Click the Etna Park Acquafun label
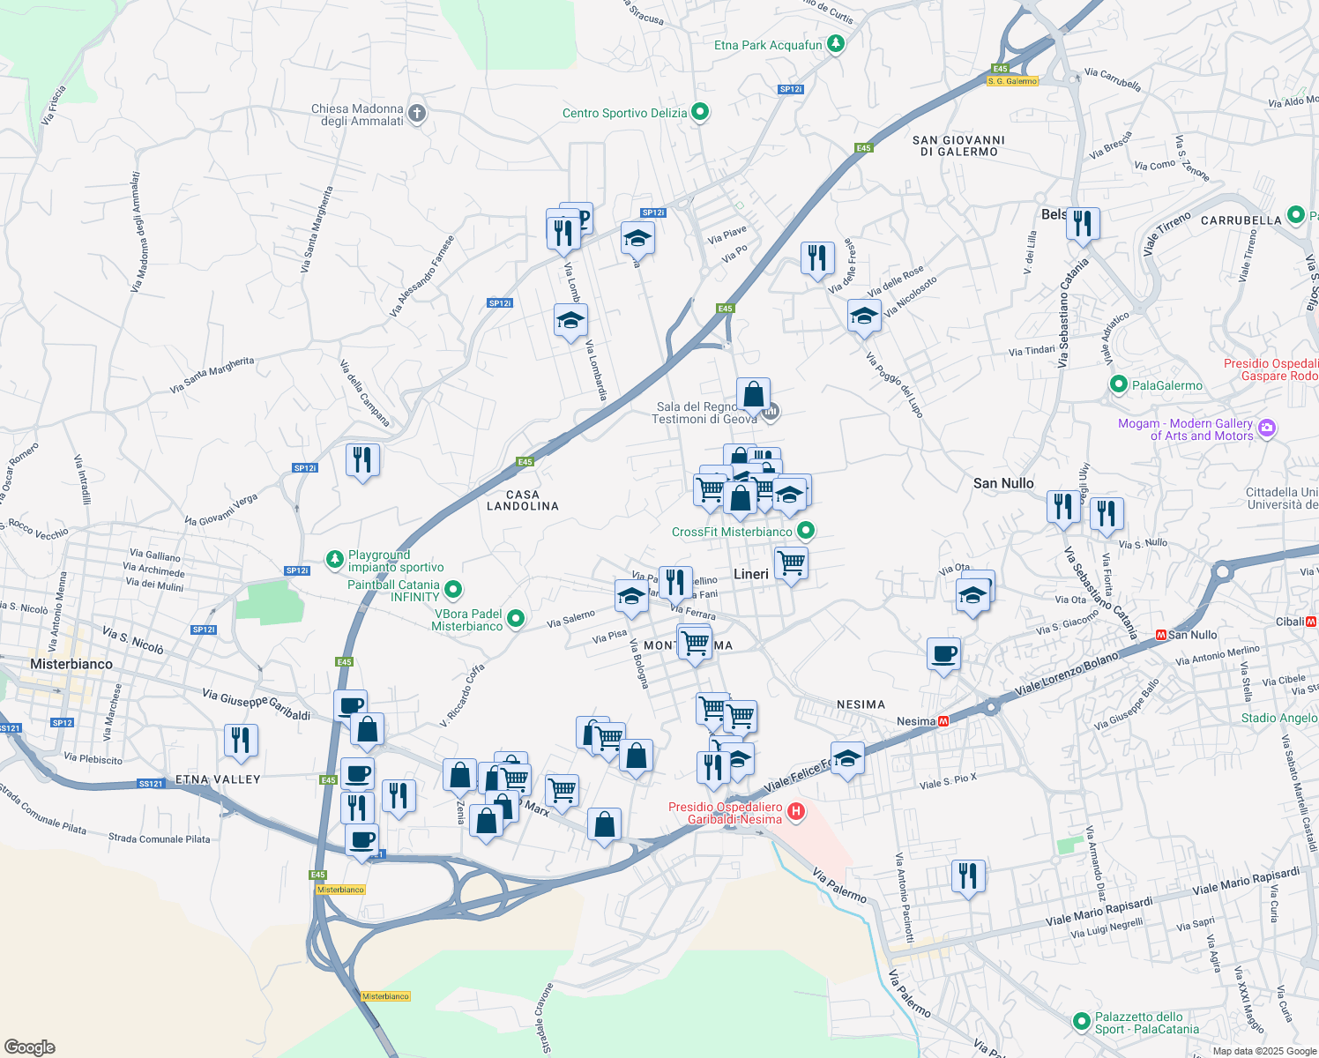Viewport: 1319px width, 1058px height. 768,45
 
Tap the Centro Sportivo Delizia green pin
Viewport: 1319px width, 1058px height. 700,112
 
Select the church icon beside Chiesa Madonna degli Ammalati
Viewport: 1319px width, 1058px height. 417,113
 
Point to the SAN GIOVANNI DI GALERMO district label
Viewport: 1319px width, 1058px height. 958,145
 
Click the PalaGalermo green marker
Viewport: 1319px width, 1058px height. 1119,384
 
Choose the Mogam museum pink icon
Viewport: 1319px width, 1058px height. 1267,428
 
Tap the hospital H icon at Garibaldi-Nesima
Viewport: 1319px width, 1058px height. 796,811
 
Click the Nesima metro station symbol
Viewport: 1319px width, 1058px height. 943,721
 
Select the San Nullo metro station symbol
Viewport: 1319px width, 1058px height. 1161,635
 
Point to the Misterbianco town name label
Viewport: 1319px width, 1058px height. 71,664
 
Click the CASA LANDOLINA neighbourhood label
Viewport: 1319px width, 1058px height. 523,500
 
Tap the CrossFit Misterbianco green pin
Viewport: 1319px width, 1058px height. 806,531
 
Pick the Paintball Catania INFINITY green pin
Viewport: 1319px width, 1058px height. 453,589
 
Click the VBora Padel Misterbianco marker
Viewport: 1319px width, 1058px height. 517,619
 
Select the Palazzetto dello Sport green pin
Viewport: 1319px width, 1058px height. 1082,1021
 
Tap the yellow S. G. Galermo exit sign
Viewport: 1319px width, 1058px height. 1012,81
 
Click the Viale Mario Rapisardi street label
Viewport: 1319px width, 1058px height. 1099,912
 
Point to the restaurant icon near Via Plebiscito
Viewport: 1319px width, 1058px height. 241,741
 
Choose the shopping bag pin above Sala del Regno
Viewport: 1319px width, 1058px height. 753,394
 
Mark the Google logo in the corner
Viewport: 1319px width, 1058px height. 30,1047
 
